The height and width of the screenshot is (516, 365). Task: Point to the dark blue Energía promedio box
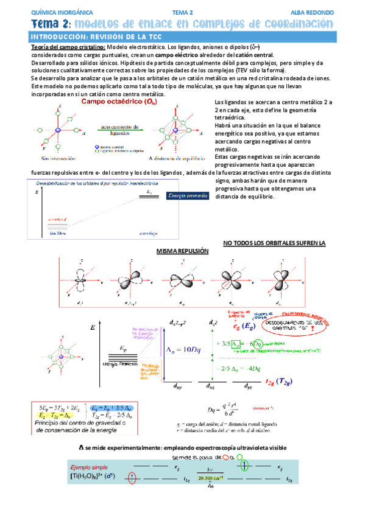tap(188, 195)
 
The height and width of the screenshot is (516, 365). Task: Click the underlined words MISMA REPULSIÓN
tap(182, 251)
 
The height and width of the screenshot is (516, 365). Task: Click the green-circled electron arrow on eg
tap(244, 467)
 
